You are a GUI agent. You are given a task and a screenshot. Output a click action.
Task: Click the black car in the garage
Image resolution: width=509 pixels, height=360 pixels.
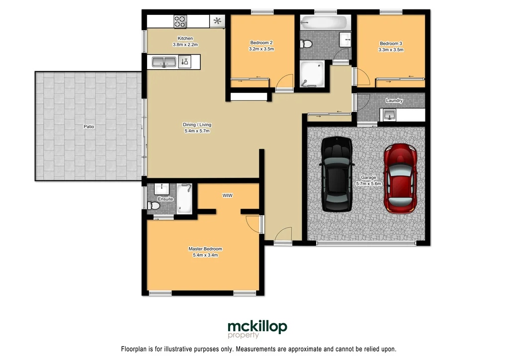point(338,174)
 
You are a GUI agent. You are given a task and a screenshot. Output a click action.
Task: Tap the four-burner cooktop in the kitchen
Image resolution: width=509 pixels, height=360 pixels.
point(180,21)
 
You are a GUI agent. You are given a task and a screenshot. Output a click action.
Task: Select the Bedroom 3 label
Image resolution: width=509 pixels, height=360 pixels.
point(391,43)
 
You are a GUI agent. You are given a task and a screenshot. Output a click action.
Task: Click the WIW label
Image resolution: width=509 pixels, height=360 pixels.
point(228,196)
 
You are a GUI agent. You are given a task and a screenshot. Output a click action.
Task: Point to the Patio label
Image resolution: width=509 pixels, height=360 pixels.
point(88,127)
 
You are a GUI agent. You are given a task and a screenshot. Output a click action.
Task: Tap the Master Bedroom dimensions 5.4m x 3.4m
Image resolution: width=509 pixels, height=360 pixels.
point(205,255)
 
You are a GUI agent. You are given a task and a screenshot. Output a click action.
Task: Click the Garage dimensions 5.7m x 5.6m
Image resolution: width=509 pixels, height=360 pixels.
point(368,183)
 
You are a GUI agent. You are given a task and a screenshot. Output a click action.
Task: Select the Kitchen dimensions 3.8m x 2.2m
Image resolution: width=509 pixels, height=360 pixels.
point(185,45)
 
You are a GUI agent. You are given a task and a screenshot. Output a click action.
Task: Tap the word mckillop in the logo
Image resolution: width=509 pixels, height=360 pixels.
point(257,327)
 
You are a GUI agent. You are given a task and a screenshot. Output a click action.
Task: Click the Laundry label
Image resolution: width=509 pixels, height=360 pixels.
point(394,100)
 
